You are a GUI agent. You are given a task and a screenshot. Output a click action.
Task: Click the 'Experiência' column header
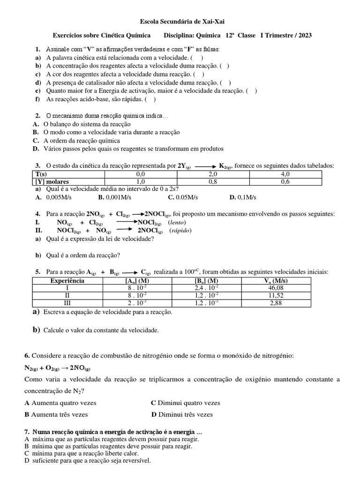coord(67,280)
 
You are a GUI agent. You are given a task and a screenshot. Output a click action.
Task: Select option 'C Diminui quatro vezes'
coord(185,403)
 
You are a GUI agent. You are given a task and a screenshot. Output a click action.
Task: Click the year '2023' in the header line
coord(303,35)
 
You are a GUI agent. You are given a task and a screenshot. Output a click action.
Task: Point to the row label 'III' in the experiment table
coord(67,303)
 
